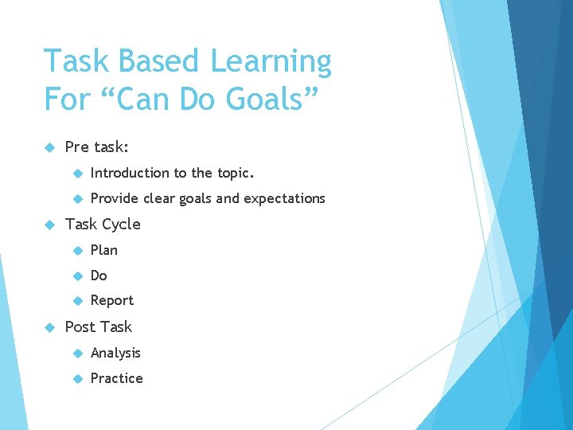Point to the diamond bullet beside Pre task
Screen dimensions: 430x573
tap(49, 147)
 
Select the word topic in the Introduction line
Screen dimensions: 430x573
tap(235, 173)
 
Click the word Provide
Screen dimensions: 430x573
tap(115, 198)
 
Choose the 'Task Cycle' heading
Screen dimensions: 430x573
tap(102, 224)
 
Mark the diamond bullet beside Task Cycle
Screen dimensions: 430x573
tap(49, 224)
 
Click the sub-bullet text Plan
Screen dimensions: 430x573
tap(103, 250)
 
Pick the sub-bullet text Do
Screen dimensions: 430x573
tap(99, 276)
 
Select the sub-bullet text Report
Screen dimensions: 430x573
tap(112, 300)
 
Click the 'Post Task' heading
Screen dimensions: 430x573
tap(98, 326)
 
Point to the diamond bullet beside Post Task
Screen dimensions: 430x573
tap(49, 326)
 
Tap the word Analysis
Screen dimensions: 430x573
tap(115, 353)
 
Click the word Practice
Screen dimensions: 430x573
tap(116, 378)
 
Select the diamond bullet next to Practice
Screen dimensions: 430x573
tap(77, 378)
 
